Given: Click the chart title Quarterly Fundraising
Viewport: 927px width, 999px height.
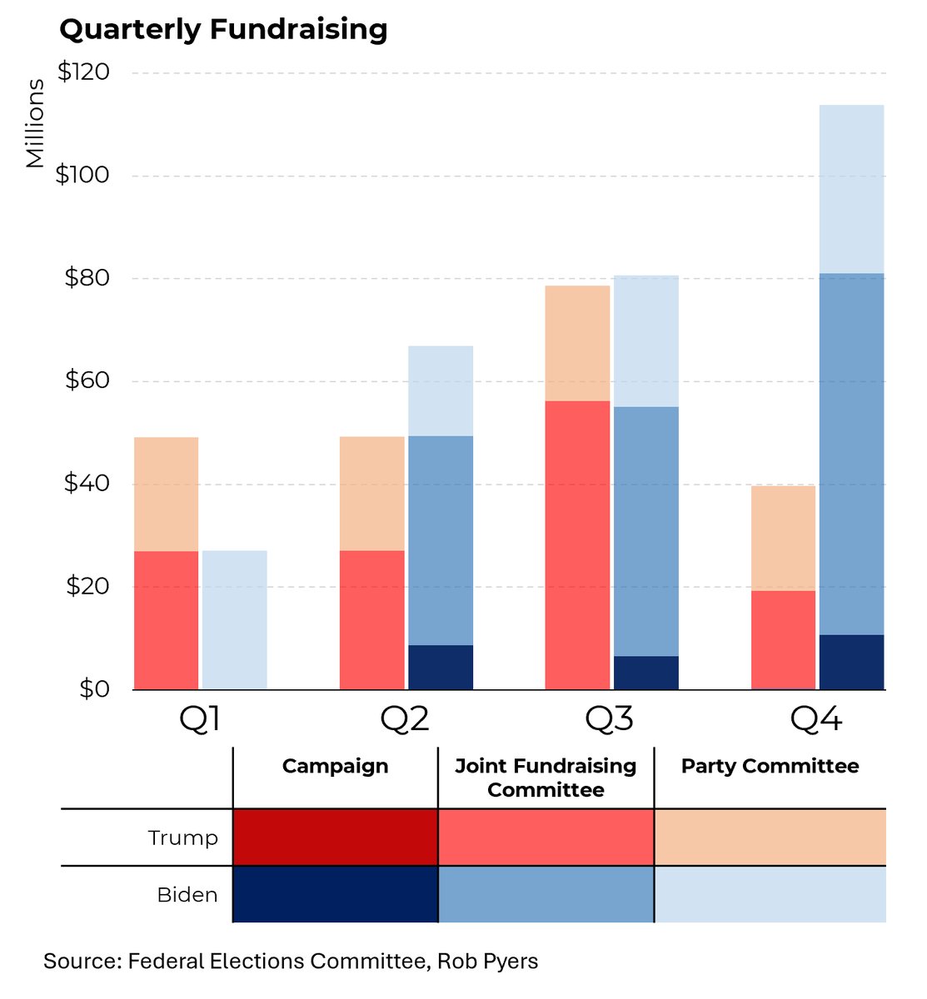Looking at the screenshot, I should [x=223, y=29].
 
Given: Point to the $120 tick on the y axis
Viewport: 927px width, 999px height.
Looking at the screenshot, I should [x=83, y=72].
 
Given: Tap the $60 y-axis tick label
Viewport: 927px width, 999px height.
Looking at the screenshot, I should [x=87, y=380].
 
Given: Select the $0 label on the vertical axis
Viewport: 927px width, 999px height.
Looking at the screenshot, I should [x=94, y=688].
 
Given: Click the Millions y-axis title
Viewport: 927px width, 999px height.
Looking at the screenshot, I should [x=34, y=123].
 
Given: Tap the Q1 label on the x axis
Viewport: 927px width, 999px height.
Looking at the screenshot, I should [x=200, y=718].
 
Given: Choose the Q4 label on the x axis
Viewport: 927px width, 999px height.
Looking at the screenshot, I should [x=816, y=718].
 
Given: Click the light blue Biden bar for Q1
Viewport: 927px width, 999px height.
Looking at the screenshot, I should [x=234, y=619].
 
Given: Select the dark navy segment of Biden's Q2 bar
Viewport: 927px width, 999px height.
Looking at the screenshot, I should [x=440, y=667].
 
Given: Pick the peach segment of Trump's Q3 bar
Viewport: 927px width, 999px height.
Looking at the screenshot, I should [x=577, y=343].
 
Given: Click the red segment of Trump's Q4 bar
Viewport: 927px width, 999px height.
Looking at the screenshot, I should [x=783, y=639].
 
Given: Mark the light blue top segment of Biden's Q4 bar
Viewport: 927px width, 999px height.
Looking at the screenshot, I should [x=851, y=189].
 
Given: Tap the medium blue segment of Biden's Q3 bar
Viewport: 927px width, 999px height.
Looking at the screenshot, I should [x=645, y=531].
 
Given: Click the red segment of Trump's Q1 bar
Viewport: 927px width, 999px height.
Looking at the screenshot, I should [x=166, y=619].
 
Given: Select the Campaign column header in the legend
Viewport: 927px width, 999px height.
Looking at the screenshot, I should [x=335, y=766].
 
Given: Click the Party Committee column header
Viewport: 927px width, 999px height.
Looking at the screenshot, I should [x=770, y=766].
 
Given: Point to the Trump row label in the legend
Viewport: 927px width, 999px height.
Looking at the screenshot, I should [x=182, y=837].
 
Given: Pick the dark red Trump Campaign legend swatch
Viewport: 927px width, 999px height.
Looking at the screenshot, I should [x=335, y=837].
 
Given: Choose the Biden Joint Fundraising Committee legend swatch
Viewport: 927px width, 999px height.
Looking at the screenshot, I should [x=546, y=894].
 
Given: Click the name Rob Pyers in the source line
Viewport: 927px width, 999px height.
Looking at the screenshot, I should [x=487, y=962].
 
